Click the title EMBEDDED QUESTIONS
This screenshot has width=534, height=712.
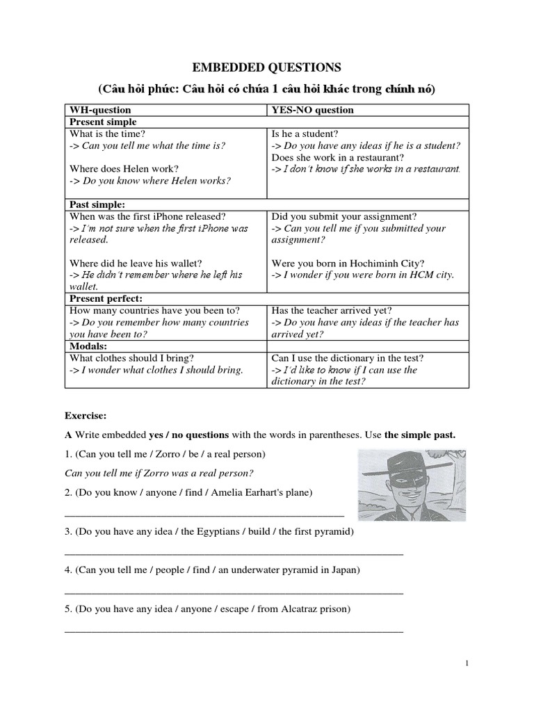click(x=266, y=67)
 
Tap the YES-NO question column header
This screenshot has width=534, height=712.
click(x=312, y=110)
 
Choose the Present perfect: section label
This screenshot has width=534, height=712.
click(x=102, y=299)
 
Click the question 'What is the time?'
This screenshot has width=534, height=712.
click(x=108, y=133)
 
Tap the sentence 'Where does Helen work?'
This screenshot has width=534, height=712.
click(x=124, y=169)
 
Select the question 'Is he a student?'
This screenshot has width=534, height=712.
click(x=305, y=133)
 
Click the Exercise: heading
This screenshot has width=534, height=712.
click(x=86, y=416)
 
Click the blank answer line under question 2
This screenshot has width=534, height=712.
click(x=204, y=515)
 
